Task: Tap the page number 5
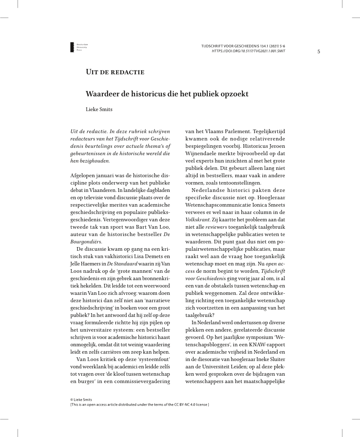(x=319, y=51)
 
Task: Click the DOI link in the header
(x=248, y=51)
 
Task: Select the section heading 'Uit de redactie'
(x=115, y=72)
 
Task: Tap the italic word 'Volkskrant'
(x=197, y=220)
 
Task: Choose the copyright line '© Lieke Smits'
(x=81, y=399)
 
